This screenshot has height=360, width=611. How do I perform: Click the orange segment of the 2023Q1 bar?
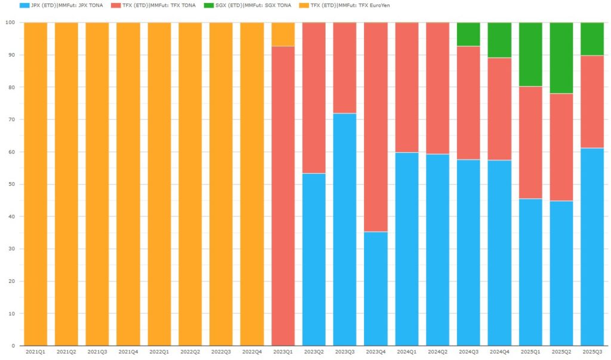(x=283, y=35)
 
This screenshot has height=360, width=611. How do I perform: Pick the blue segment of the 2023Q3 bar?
(x=345, y=229)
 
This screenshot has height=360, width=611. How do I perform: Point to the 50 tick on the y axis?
(x=12, y=184)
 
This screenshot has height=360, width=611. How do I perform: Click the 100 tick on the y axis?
(x=10, y=23)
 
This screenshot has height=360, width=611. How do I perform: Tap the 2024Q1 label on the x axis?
(x=406, y=352)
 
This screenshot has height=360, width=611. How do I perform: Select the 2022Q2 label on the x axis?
(x=190, y=352)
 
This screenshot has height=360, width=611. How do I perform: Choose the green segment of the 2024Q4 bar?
(x=499, y=40)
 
